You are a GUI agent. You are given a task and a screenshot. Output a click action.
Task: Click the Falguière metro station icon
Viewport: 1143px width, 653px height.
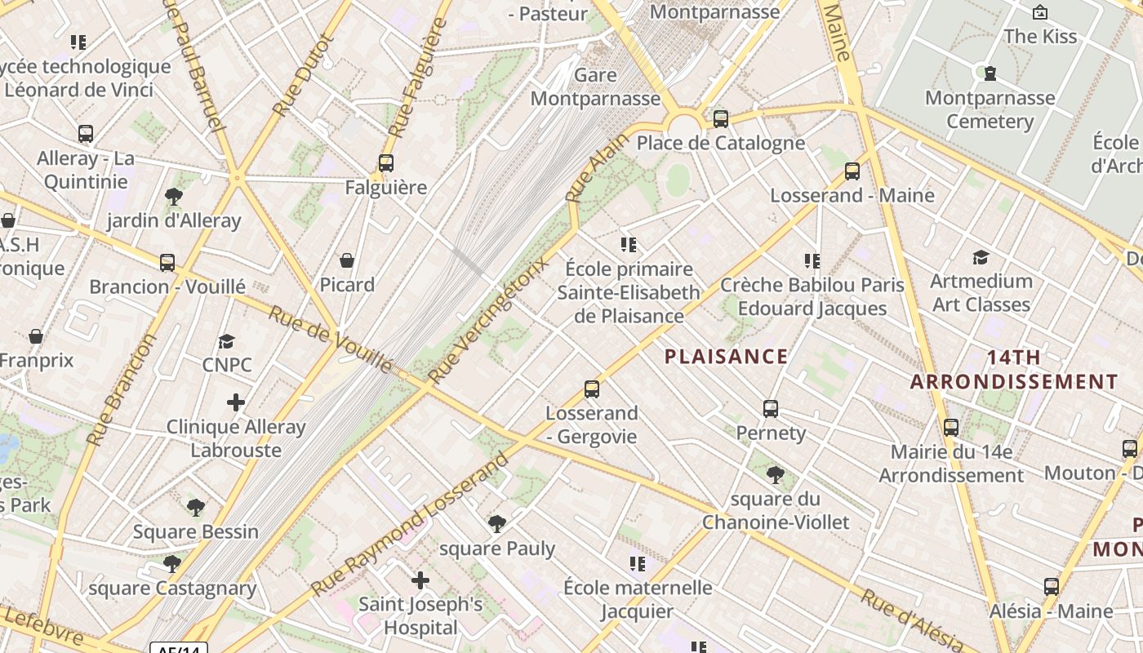pos(386,163)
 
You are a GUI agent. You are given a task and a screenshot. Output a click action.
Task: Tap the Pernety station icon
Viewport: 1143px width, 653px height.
pos(771,409)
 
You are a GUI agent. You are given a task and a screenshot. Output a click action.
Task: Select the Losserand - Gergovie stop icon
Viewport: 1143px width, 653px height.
pos(592,389)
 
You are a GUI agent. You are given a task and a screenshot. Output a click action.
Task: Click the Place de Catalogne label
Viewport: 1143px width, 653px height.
pos(720,144)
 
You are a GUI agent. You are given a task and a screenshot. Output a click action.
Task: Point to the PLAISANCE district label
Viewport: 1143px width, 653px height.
pos(726,357)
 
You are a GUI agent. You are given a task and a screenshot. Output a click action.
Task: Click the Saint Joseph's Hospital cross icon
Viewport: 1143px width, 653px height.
pos(420,580)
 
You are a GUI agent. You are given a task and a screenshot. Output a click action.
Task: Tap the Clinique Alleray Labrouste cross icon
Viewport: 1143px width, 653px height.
pos(236,402)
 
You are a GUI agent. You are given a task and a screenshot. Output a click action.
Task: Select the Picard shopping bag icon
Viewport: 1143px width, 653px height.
pos(347,260)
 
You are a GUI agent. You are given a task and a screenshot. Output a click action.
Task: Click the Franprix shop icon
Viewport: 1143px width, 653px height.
pos(36,336)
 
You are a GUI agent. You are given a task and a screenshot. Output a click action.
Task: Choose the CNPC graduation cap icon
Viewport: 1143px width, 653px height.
pos(226,341)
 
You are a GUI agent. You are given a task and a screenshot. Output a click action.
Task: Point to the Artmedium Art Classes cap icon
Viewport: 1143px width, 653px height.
pos(981,258)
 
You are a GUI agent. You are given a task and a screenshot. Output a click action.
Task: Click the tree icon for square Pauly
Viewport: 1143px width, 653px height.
pos(496,524)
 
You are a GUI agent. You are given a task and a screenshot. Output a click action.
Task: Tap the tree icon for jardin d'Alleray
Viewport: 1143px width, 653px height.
pos(173,196)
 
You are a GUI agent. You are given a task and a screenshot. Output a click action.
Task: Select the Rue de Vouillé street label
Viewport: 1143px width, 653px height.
pos(331,340)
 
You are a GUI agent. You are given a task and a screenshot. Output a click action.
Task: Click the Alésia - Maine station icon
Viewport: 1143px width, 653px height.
pos(1052,587)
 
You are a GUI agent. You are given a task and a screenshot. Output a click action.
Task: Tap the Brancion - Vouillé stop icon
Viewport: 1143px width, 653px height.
pos(167,263)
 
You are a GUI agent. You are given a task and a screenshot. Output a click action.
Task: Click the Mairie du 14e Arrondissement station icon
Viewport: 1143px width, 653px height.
pos(951,428)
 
